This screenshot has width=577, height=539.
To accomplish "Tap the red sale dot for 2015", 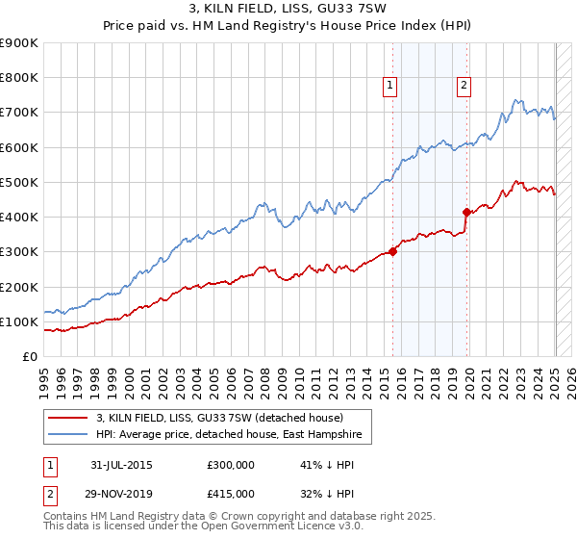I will [x=393, y=252].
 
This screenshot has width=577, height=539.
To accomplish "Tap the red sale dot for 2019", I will [x=466, y=212].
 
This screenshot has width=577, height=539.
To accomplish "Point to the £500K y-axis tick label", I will [x=19, y=182].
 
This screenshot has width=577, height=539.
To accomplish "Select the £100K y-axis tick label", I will [x=19, y=321].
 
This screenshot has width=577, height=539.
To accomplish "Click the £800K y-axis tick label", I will [x=19, y=78].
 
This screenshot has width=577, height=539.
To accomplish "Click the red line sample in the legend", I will [x=67, y=419].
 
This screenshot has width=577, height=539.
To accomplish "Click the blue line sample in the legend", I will [x=67, y=435].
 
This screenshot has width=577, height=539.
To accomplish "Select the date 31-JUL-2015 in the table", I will [x=119, y=465].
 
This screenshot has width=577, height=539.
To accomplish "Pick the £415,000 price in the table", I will [x=231, y=494].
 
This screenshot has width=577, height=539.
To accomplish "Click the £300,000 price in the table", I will [x=231, y=465].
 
